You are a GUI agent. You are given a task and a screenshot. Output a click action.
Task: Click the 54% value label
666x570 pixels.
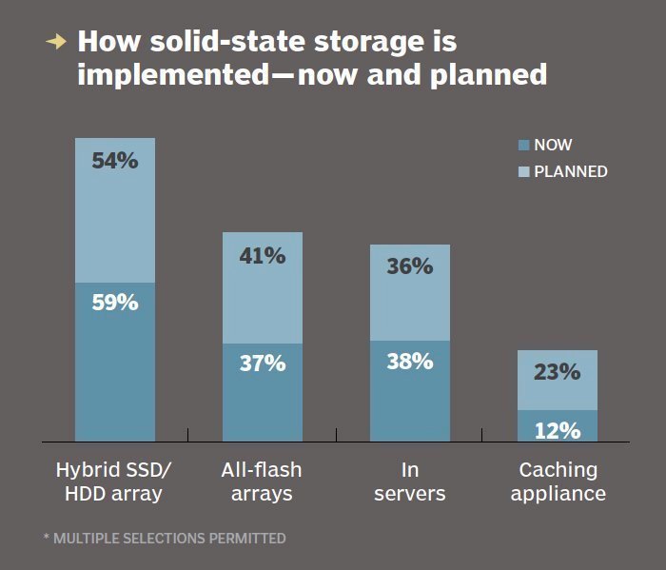tap(115, 161)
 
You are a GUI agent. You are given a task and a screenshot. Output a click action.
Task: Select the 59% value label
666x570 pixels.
tap(115, 303)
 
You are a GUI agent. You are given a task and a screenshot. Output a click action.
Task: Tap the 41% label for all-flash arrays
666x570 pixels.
tap(262, 255)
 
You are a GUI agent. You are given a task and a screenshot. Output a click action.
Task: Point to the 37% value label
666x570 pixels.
tap(262, 363)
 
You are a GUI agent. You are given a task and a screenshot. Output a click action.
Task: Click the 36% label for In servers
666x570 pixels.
tap(409, 266)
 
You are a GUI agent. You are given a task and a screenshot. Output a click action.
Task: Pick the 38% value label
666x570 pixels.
tap(409, 361)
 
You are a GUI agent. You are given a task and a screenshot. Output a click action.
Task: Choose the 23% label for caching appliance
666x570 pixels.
tap(557, 372)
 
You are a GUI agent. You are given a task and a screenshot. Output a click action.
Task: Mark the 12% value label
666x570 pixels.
tap(557, 430)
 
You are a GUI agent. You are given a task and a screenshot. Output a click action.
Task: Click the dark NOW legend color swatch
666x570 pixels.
tap(522, 146)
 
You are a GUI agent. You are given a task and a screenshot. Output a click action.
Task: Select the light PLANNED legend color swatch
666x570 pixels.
tap(522, 172)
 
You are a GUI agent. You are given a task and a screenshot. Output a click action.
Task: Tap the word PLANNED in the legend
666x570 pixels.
tap(571, 172)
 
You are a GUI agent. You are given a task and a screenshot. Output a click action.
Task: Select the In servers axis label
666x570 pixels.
tap(410, 482)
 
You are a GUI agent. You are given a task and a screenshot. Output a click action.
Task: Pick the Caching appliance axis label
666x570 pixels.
tap(558, 482)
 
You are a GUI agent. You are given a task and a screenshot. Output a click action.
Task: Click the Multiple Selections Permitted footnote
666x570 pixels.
tap(165, 539)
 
